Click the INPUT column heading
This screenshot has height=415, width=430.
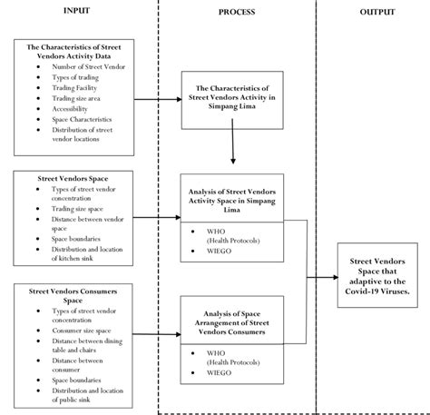click(x=76, y=11)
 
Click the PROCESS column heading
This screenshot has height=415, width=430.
click(x=236, y=12)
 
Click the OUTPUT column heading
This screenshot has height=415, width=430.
click(x=372, y=12)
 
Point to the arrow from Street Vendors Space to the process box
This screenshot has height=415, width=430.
click(x=154, y=218)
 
